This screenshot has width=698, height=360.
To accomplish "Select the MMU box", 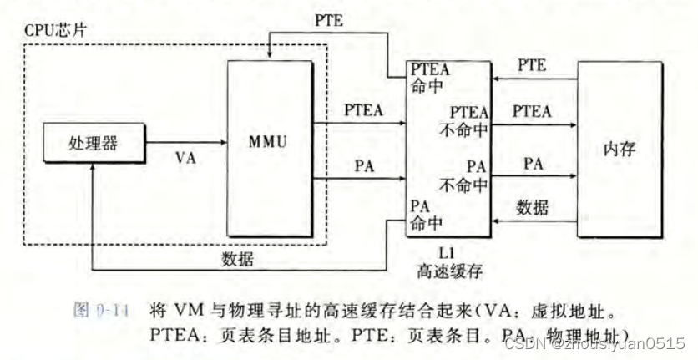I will point(268,142).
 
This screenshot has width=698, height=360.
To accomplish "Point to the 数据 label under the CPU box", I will point(238,258).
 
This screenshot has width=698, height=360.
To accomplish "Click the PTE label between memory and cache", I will point(533,64).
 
